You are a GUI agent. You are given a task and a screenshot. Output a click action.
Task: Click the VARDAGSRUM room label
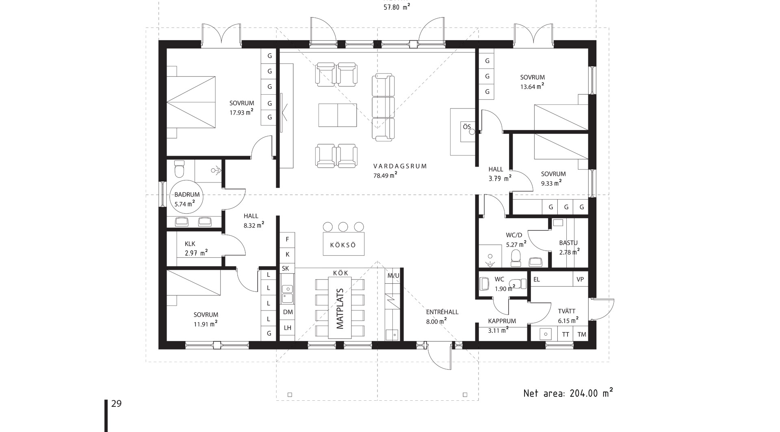[x=400, y=166]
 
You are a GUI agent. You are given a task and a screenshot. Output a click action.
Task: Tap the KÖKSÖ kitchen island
[x=344, y=244]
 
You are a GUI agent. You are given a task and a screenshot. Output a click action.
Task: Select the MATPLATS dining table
[x=340, y=309]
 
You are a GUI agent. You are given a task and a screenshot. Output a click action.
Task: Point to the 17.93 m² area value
[x=241, y=112]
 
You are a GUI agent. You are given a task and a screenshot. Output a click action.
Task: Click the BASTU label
[x=568, y=243]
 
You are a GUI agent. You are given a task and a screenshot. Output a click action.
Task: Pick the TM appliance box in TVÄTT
[x=581, y=334]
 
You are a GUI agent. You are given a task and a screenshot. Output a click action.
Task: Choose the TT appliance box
[x=565, y=334]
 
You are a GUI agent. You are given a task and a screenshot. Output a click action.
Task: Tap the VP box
[x=580, y=279]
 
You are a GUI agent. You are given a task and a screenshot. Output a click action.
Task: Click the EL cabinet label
[x=536, y=279]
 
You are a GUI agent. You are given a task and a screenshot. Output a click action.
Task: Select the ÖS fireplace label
[x=467, y=127]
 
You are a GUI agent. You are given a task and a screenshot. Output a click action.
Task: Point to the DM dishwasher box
[x=288, y=312]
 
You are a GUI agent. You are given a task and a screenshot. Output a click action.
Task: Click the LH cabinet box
[x=288, y=328]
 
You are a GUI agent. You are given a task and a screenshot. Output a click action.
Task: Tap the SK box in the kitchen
[x=286, y=268]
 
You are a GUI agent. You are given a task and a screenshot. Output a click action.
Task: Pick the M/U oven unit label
[x=393, y=276]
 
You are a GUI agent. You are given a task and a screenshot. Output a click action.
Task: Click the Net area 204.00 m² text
[x=568, y=393]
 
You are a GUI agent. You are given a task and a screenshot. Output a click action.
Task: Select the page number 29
[x=116, y=404]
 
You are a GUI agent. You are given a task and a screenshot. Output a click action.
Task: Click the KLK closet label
[x=190, y=244]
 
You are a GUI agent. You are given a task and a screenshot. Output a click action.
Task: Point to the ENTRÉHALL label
[x=442, y=312]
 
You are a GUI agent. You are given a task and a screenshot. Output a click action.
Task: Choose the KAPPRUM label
[x=502, y=321]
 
